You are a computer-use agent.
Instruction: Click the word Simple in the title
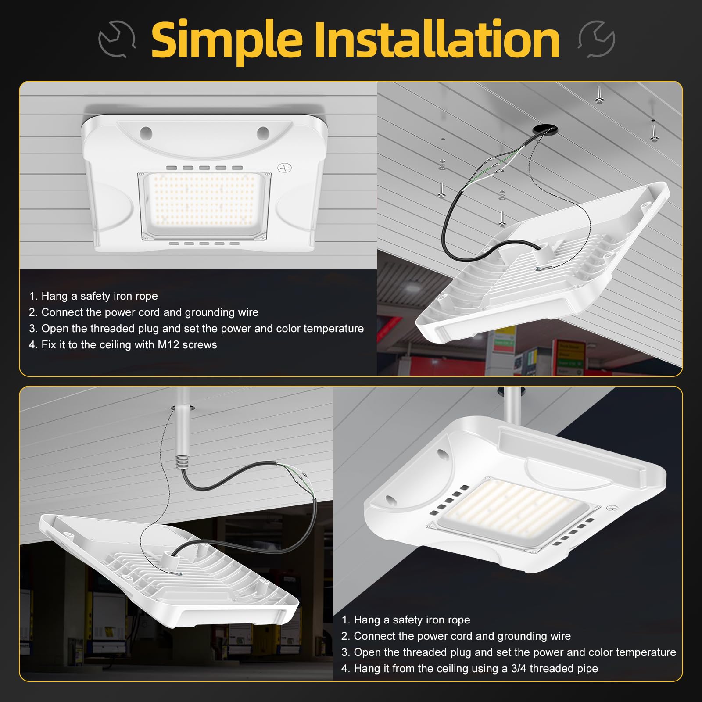pos(227,40)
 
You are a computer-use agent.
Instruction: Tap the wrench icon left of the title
pos(117,39)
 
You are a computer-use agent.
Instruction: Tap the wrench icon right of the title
pos(597,39)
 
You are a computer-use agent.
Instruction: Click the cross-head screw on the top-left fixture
pos(285,168)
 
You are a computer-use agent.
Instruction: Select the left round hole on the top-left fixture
pos(146,132)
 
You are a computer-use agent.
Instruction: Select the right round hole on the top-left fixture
pos(263,132)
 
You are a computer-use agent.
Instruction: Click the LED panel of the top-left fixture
pos(204,205)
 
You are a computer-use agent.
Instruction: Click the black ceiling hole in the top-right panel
pos(545,129)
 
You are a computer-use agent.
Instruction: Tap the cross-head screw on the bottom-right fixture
pos(612,508)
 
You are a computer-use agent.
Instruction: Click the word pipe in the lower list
pos(587,669)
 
